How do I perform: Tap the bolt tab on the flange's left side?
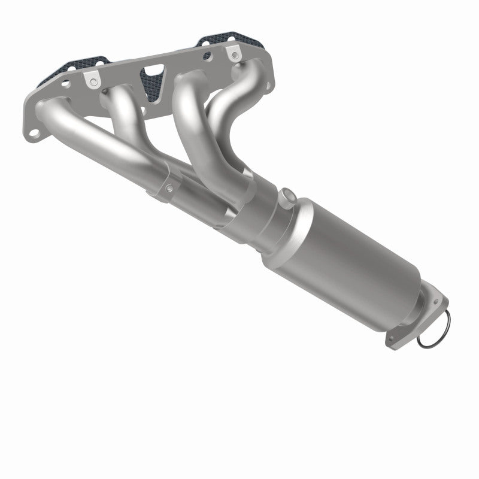click(x=93, y=78)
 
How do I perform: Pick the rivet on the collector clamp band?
click(x=169, y=189)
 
